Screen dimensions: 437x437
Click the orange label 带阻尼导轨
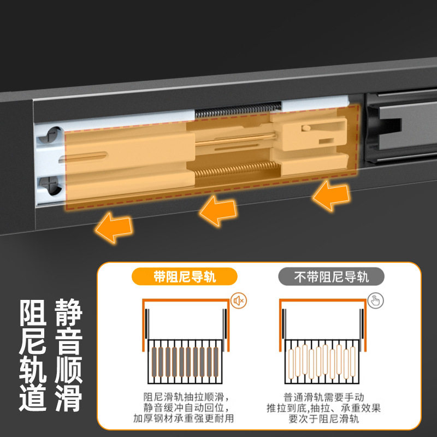tap(185, 276)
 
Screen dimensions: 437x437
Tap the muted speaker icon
tap(238, 300)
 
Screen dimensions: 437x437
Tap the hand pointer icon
tap(375, 300)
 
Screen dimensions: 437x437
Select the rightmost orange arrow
tap(332, 197)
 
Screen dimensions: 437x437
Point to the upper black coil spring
tap(238, 110)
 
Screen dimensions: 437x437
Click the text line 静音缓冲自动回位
tap(185, 408)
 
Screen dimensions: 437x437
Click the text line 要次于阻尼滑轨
tap(324, 419)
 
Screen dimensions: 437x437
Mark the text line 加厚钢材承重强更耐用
tap(185, 419)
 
